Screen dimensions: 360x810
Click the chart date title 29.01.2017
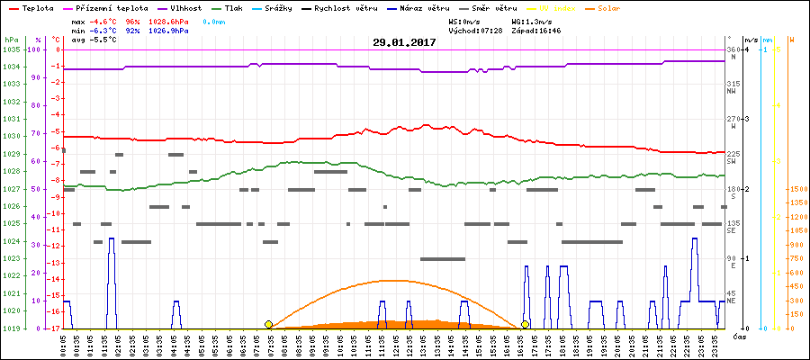(404, 42)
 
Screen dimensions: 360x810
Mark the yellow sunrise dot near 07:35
(268, 324)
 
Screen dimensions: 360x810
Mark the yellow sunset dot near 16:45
(526, 324)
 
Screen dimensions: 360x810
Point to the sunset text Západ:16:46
(536, 30)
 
